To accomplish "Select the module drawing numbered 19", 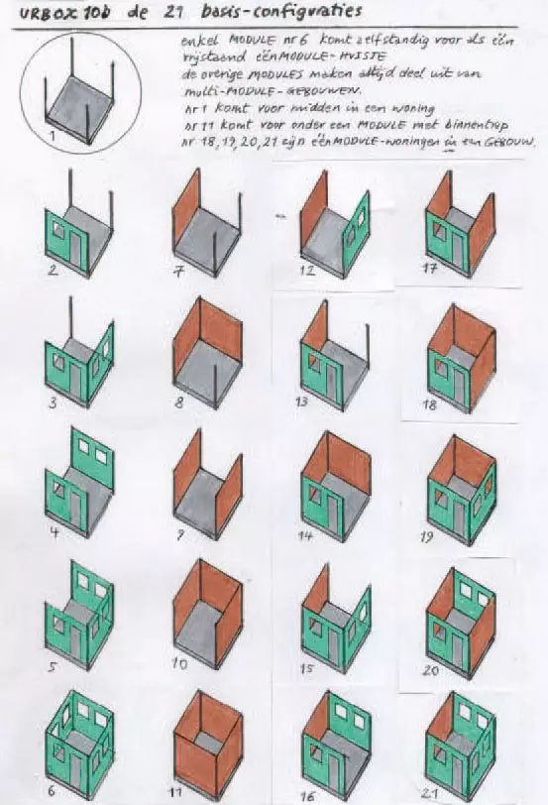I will (460, 480).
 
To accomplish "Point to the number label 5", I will (50, 666).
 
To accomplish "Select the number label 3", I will (49, 403).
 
